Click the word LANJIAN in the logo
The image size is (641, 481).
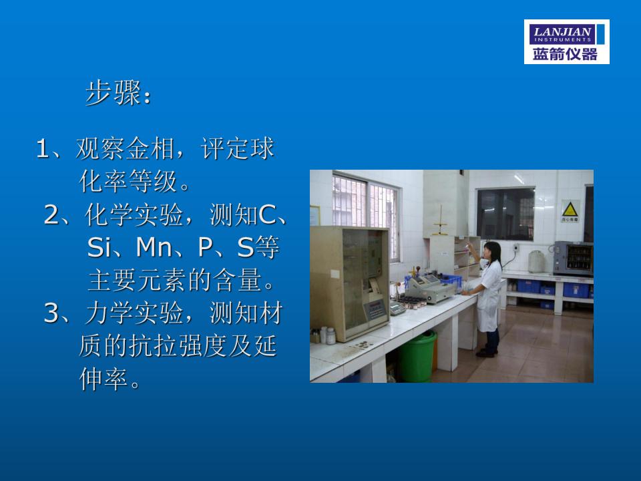562,31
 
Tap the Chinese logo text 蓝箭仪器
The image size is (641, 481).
565,54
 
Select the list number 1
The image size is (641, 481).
43,148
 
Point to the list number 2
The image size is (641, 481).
51,214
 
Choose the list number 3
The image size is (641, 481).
51,313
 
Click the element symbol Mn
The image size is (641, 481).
154,247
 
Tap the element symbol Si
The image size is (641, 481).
96,247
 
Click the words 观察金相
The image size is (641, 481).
125,148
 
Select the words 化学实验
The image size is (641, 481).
134,214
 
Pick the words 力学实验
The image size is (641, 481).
134,313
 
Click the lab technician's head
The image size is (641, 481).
491,251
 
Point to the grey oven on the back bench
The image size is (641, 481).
573,258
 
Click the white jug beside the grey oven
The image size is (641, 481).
536,262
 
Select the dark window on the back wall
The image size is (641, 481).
505,214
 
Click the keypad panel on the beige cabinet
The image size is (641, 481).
375,309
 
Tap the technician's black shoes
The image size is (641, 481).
487,352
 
